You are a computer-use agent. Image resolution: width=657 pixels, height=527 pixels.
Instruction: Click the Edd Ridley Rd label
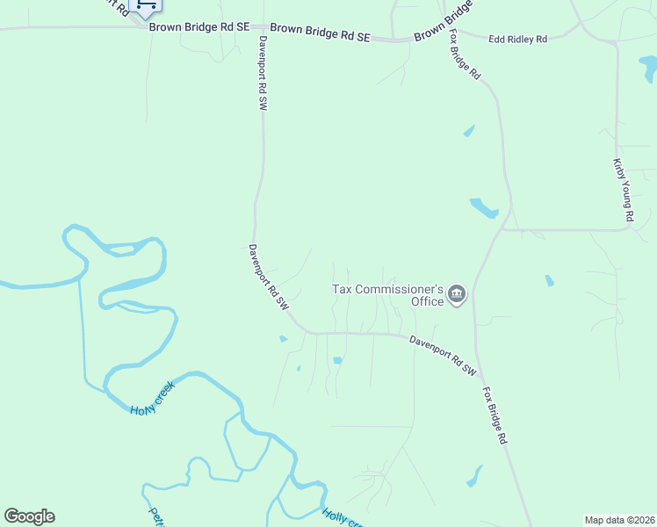click(x=517, y=40)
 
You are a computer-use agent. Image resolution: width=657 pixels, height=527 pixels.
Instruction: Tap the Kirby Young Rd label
click(x=623, y=189)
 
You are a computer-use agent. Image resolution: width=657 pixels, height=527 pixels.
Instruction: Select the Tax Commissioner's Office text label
click(x=386, y=295)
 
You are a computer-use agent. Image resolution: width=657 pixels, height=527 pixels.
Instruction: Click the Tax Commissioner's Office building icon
click(x=456, y=294)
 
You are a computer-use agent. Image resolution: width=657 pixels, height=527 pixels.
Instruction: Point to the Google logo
click(x=29, y=516)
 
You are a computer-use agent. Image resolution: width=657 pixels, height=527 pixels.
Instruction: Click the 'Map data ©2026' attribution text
click(x=618, y=520)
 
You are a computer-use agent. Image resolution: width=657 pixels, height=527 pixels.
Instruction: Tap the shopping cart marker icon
click(x=145, y=7)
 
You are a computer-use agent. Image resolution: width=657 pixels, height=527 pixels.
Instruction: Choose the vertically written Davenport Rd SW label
click(x=262, y=73)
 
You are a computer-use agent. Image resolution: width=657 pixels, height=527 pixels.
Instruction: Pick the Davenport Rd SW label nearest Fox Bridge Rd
click(x=444, y=354)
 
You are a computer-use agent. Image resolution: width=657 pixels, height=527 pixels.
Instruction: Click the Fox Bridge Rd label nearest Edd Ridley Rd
click(x=466, y=54)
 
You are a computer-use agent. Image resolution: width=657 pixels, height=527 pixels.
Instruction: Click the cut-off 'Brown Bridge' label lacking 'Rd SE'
click(x=444, y=20)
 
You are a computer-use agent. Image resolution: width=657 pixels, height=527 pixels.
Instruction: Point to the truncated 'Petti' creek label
click(x=155, y=516)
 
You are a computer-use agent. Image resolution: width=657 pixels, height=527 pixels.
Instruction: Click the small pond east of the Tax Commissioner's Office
click(x=549, y=281)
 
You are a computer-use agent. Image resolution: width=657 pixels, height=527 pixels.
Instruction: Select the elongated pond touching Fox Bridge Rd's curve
click(x=484, y=208)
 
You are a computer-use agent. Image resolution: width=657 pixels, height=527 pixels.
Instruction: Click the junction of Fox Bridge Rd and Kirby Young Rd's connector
click(x=503, y=230)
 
